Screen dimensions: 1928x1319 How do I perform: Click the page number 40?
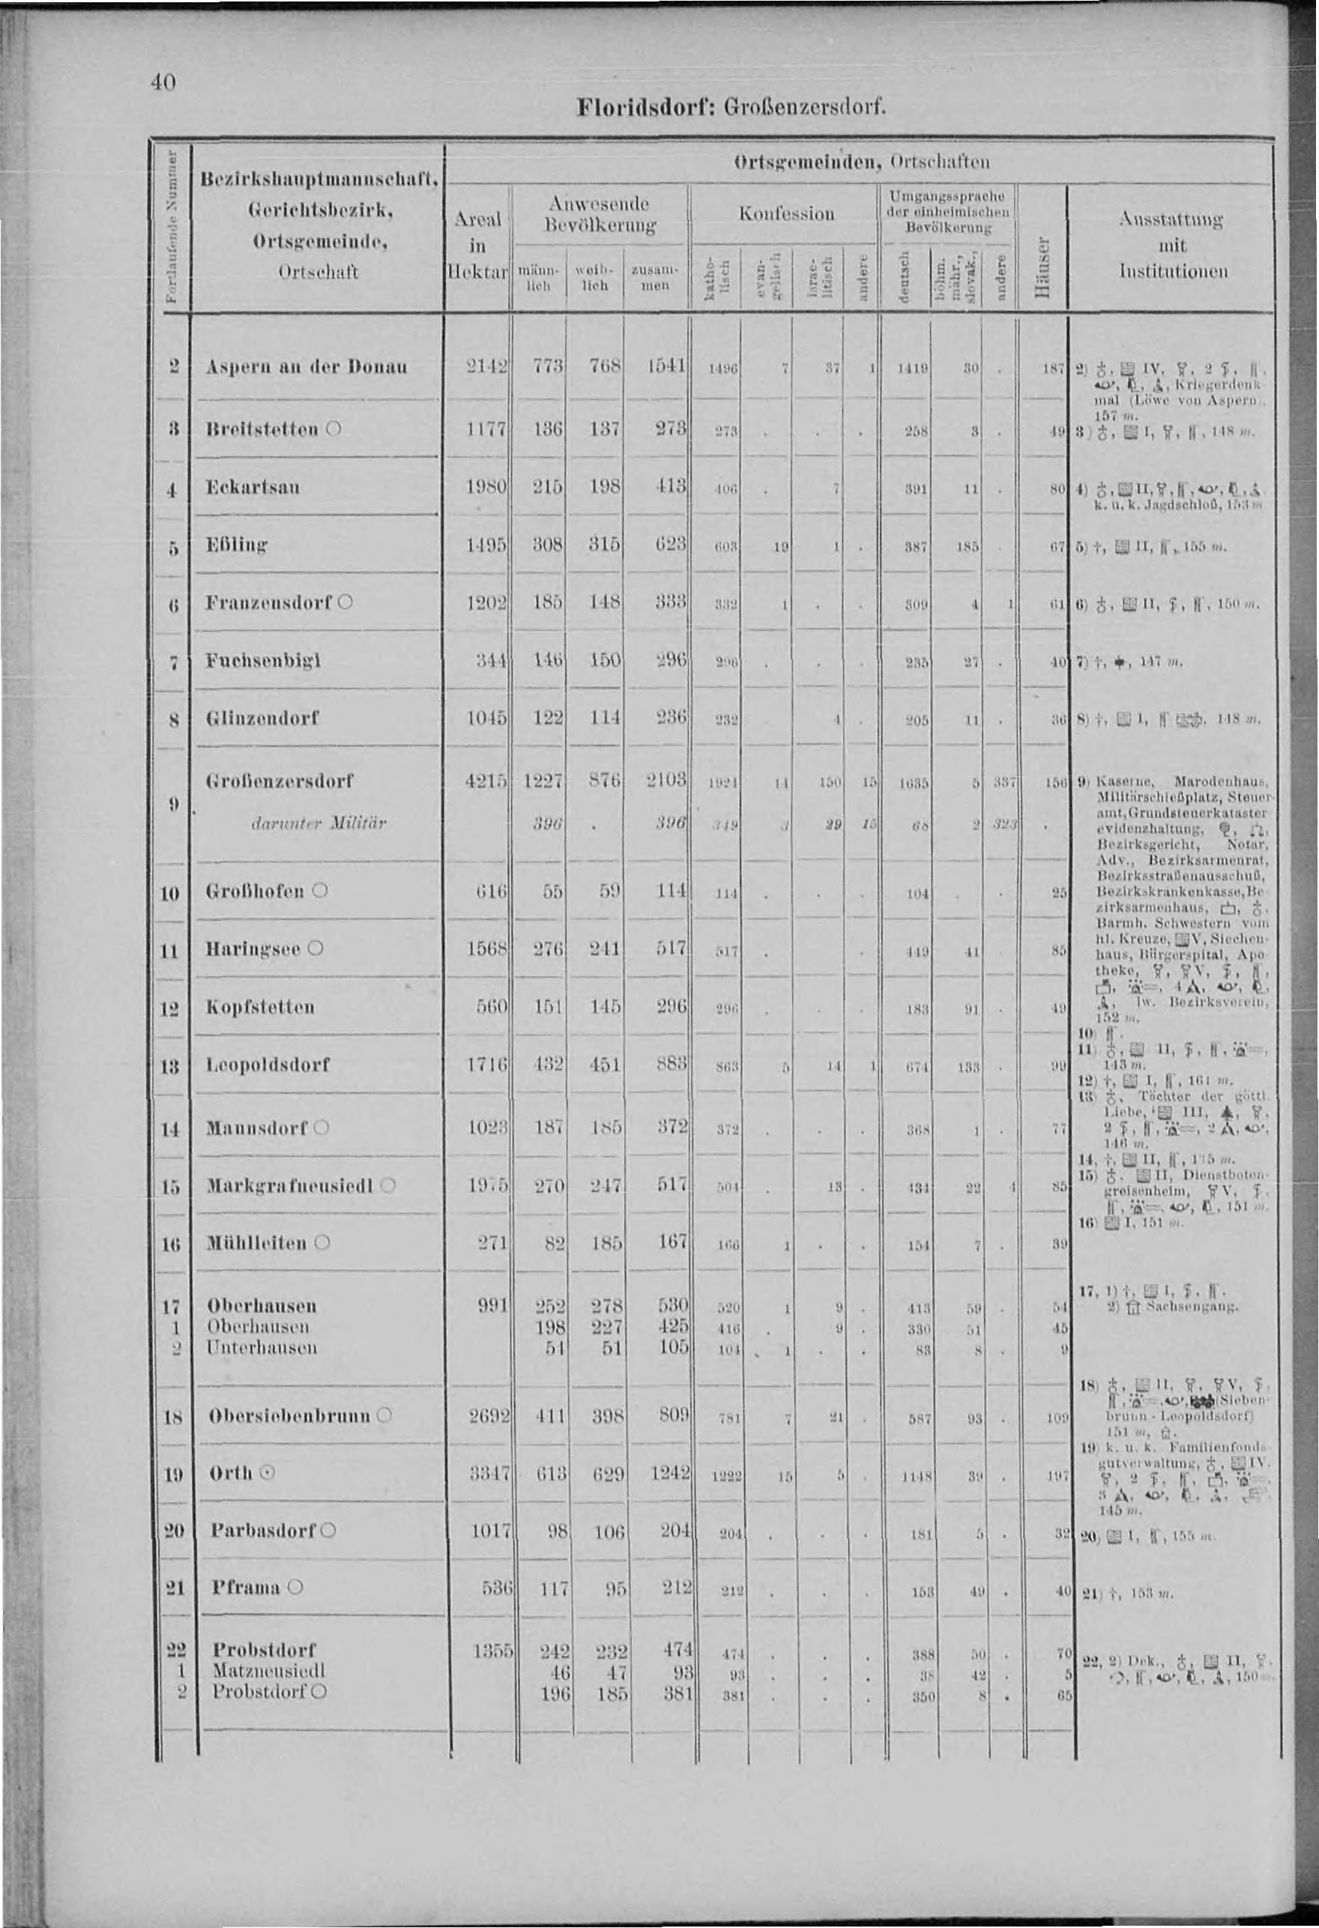[163, 83]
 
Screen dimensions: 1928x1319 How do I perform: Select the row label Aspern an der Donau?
[307, 368]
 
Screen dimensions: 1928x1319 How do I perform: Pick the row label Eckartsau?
[254, 487]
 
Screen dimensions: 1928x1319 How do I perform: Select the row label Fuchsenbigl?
[264, 661]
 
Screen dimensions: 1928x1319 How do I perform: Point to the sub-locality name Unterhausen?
[262, 1348]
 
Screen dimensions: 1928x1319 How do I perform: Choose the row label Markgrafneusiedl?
[293, 1185]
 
